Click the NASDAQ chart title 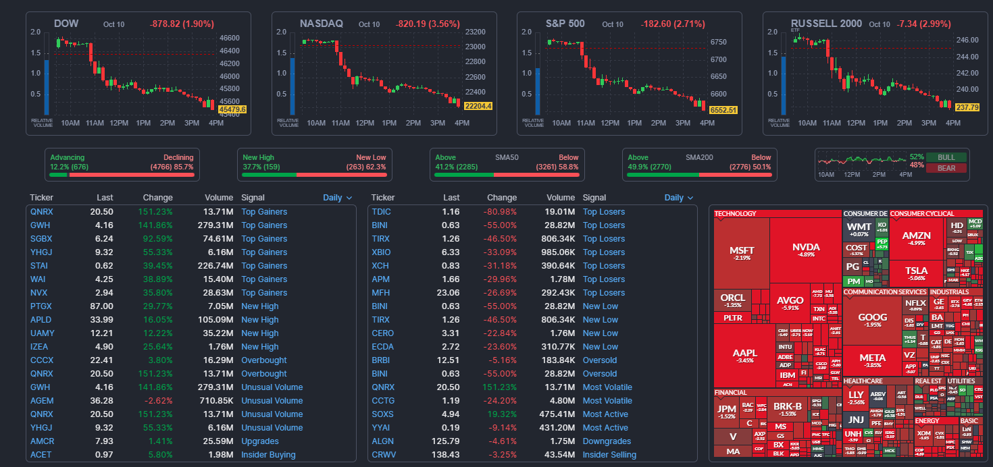[x=321, y=24]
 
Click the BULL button [x=946, y=157]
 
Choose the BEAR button [x=946, y=168]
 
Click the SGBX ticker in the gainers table [x=41, y=239]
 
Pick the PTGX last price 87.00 [x=101, y=306]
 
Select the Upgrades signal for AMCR [x=260, y=441]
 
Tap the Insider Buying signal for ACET [x=268, y=455]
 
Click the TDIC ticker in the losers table [x=381, y=212]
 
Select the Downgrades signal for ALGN [x=607, y=441]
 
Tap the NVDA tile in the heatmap [x=807, y=250]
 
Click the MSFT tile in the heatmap [x=742, y=253]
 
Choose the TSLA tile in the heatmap [x=917, y=273]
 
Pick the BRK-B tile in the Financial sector [x=788, y=409]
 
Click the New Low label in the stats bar [x=371, y=157]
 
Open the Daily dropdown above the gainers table [x=338, y=198]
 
